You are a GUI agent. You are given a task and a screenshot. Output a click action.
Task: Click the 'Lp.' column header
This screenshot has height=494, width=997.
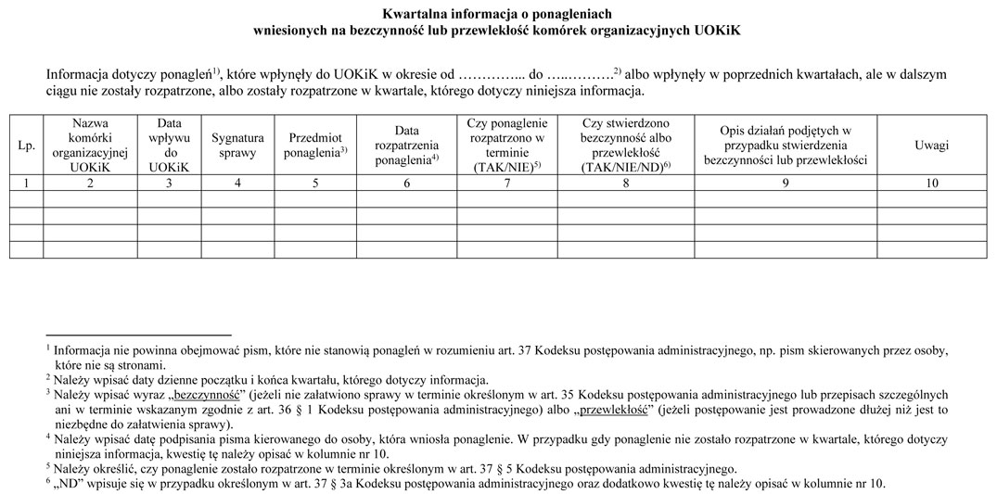[26, 146]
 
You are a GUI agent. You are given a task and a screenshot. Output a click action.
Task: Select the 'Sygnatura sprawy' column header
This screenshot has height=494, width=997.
[237, 146]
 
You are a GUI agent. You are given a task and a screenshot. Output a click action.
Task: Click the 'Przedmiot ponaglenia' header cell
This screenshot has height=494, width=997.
[316, 146]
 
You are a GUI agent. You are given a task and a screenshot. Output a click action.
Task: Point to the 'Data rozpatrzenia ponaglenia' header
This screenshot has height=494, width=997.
[405, 146]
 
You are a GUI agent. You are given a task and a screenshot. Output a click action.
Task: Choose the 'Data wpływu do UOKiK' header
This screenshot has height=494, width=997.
[169, 146]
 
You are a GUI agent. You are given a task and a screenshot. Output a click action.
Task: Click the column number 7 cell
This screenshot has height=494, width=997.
[505, 183]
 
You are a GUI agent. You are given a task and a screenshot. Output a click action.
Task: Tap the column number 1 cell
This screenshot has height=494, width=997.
[26, 183]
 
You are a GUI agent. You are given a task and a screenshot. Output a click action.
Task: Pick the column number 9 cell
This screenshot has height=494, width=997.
[785, 183]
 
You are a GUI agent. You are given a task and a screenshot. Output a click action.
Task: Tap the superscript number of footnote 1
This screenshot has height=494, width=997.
[47, 347]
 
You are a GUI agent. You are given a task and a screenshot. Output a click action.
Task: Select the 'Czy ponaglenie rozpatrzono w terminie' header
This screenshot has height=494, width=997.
[505, 146]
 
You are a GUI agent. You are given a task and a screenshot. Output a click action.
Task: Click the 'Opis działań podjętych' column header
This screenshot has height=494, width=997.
[785, 146]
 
